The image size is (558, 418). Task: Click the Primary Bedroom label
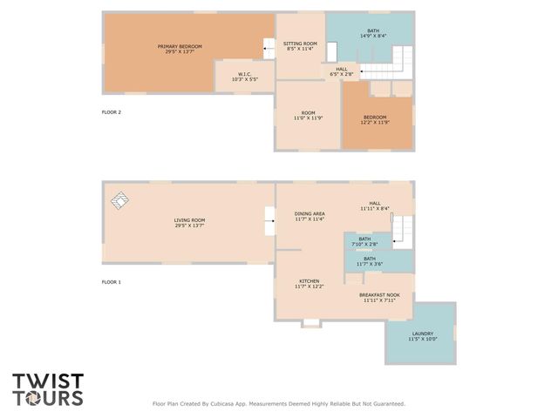tap(180, 49)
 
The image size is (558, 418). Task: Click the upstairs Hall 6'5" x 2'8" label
tap(342, 72)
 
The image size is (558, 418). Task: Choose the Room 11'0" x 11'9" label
tap(308, 115)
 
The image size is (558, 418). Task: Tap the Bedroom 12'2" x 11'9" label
tap(375, 119)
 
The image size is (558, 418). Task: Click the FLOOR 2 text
tap(112, 112)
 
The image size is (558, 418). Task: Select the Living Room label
tap(189, 222)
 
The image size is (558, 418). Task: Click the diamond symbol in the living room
tap(120, 201)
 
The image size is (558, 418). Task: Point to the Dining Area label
tap(310, 216)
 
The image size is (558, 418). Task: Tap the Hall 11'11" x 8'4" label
tap(375, 206)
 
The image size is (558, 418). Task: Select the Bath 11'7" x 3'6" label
tap(370, 260)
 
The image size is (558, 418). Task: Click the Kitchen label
tap(310, 283)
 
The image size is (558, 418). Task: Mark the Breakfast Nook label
tap(379, 298)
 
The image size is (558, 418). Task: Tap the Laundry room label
tap(422, 336)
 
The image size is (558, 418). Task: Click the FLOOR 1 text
tap(112, 282)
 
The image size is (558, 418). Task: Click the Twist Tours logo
tap(48, 389)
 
